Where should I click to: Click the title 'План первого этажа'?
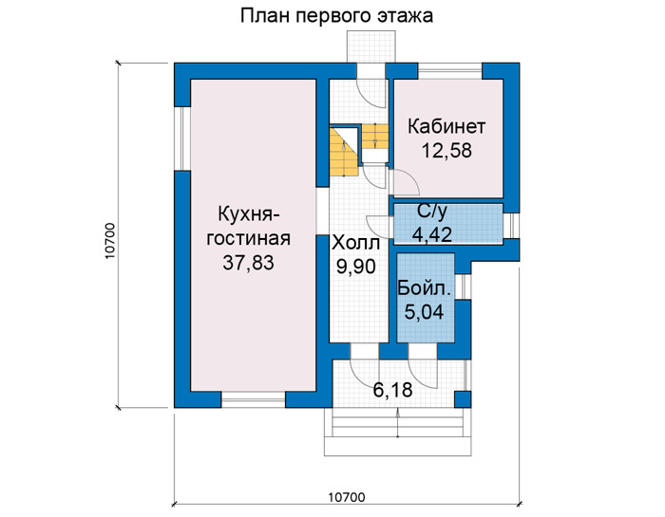point(336,16)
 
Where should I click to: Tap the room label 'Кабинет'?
point(446,126)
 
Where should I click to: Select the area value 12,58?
point(446,150)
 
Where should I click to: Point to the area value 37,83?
point(249,263)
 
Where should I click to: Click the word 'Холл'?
point(356,244)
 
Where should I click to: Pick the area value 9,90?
point(356,267)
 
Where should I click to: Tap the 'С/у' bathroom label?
point(431,212)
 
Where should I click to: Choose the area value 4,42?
point(431,234)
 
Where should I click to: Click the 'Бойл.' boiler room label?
point(424,288)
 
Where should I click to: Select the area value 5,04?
point(424,312)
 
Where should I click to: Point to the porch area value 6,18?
point(392,390)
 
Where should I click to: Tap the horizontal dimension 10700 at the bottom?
point(347,497)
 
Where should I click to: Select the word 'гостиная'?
point(249,238)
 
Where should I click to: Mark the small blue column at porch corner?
point(463,399)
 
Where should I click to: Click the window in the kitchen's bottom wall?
point(254,399)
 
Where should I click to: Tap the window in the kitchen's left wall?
point(182,138)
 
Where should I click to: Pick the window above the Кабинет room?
point(450,71)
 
